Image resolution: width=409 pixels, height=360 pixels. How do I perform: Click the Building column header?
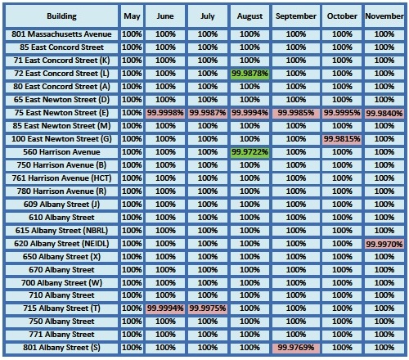61,16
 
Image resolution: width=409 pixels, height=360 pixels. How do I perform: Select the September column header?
296,16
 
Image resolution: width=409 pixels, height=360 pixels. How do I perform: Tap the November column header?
384,16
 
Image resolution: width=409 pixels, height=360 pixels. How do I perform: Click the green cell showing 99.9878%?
249,74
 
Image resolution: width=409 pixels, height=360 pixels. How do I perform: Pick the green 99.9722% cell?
249,152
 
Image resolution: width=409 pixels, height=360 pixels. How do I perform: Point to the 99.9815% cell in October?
342,139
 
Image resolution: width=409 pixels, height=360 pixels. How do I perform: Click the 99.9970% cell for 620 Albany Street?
384,244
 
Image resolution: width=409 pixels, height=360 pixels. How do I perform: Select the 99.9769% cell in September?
296,348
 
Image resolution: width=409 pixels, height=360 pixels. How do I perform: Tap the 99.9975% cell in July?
208,308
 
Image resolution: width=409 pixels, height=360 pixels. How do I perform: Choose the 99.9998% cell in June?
165,113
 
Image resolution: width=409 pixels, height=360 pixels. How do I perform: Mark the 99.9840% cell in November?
384,113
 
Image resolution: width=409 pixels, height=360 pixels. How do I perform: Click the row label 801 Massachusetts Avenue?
61,34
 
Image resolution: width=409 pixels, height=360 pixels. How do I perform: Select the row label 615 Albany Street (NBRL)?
61,231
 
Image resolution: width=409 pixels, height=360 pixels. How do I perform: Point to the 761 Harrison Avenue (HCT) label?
61,178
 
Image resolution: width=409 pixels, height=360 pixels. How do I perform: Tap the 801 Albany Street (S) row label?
61,348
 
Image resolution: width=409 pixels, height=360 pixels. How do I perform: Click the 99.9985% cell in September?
296,113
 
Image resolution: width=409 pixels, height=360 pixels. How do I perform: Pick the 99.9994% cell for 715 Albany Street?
165,308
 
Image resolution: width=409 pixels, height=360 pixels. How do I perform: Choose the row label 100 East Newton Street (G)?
61,139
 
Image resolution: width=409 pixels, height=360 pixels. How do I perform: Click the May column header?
132,16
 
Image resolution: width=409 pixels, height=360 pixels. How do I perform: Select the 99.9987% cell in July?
208,113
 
